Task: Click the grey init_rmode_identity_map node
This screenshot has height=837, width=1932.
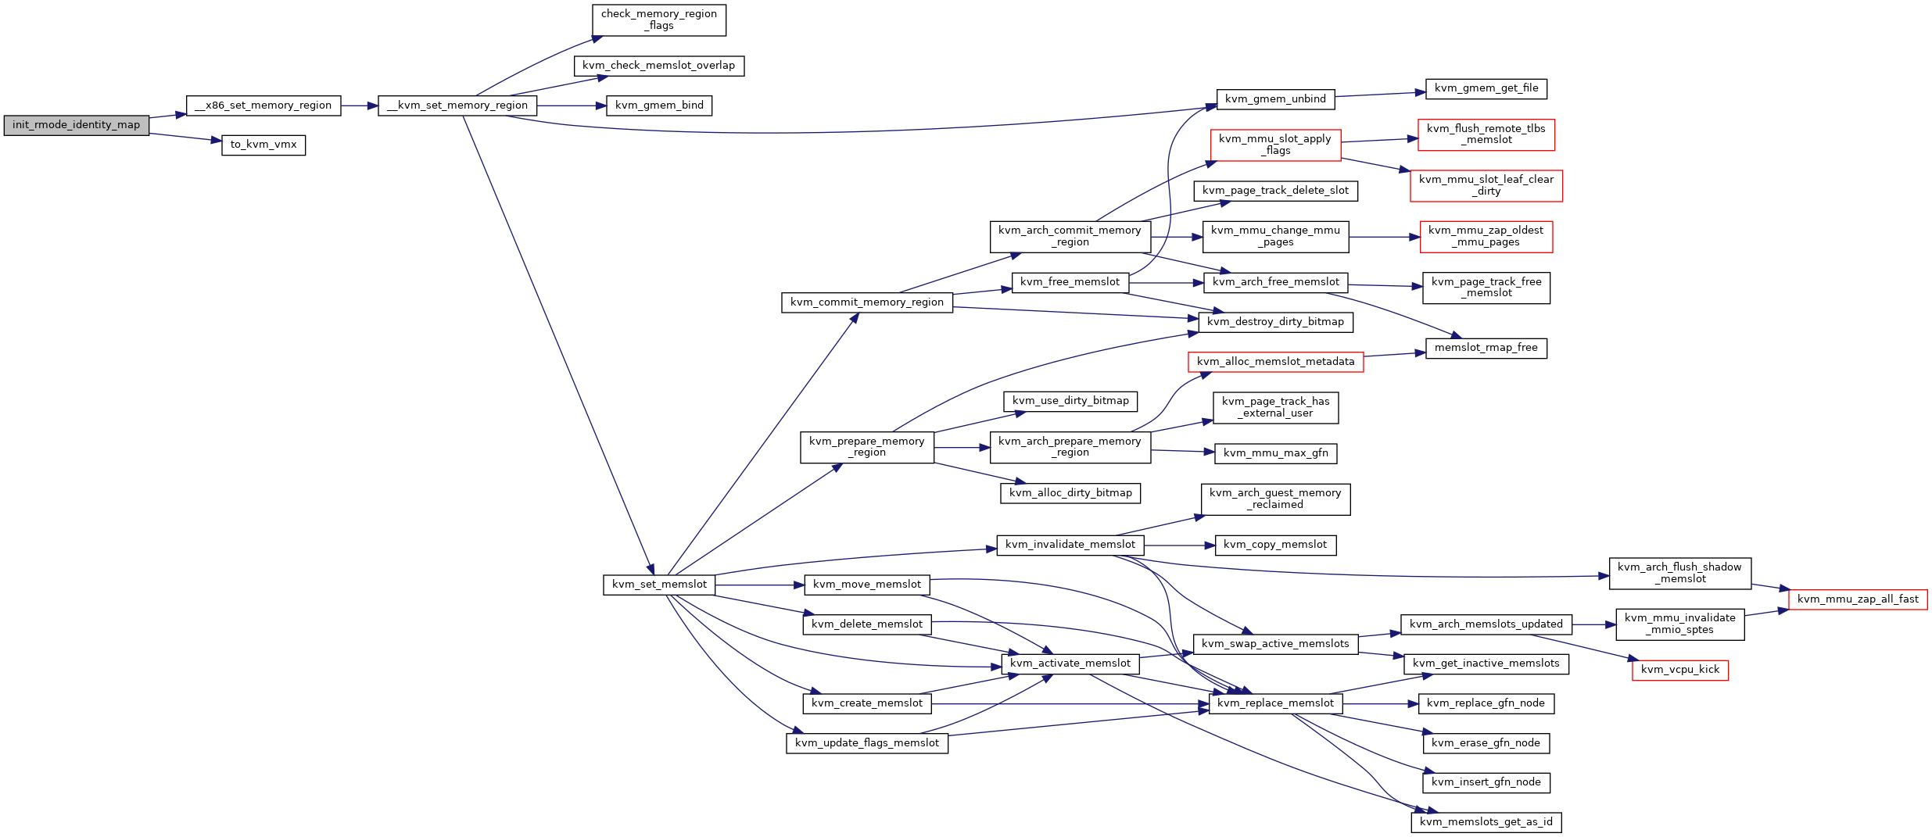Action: coord(76,125)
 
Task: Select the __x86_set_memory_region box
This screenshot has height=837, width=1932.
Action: coord(263,106)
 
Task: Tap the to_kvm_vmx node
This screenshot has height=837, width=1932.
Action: coord(263,145)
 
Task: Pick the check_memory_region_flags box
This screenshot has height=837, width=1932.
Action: coord(659,20)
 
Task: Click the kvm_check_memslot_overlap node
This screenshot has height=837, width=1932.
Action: coord(659,66)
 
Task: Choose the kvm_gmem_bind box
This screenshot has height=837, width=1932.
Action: coord(659,106)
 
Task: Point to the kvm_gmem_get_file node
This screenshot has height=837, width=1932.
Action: coord(1486,88)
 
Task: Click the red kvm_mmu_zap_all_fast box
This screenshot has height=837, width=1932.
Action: coord(1858,599)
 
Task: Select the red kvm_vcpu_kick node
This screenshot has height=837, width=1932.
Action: coord(1680,670)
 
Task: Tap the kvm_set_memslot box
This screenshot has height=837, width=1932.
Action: coord(659,585)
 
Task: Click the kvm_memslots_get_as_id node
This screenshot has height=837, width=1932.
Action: coord(1486,822)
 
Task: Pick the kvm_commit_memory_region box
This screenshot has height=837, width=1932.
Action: coord(867,302)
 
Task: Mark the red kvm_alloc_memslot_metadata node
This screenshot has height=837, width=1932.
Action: coord(1276,362)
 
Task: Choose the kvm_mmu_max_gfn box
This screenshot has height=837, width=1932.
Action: coord(1276,453)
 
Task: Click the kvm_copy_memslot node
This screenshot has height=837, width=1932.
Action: coord(1276,545)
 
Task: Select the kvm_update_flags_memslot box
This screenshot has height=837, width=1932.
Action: coord(867,743)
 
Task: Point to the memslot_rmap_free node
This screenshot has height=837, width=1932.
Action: coord(1486,348)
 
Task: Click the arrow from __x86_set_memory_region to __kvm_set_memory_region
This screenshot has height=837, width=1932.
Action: coord(360,106)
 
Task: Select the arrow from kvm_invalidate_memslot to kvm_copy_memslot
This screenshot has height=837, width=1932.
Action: coord(1180,545)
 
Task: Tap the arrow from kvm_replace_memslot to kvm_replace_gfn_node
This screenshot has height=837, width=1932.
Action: coord(1381,704)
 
